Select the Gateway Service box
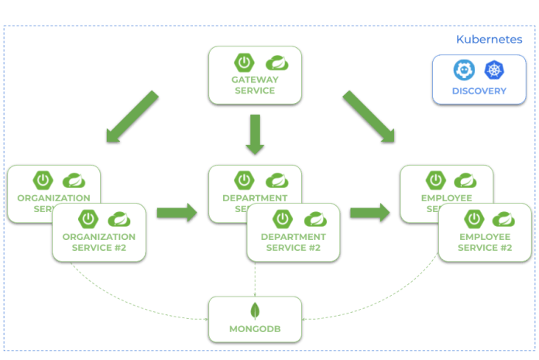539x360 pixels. coord(254,76)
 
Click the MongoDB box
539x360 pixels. coord(254,319)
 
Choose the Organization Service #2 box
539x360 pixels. coord(98,231)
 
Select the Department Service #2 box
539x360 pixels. coord(293,231)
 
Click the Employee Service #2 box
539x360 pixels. coord(485,231)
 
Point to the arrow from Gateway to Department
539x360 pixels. coord(254,133)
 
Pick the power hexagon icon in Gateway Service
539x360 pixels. coord(243,62)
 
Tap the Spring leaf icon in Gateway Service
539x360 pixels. coord(276,62)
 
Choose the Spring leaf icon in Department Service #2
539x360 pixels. coord(314,218)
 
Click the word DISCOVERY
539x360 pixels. coord(479,91)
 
